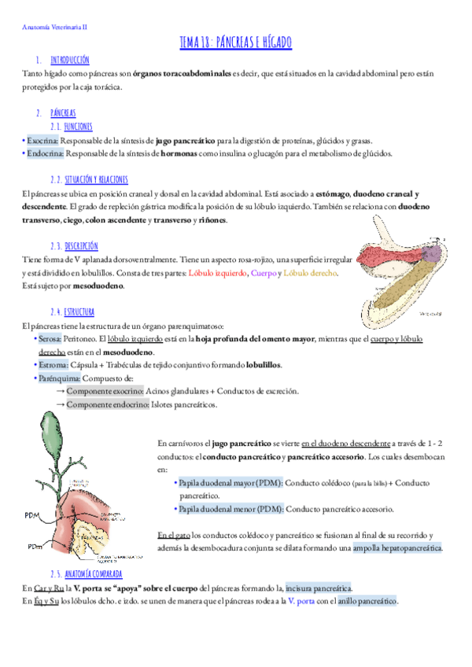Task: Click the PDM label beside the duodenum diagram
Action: point(33,515)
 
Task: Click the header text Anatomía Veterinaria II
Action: point(54,26)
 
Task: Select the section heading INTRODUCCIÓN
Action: point(69,59)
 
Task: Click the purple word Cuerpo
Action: point(263,272)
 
